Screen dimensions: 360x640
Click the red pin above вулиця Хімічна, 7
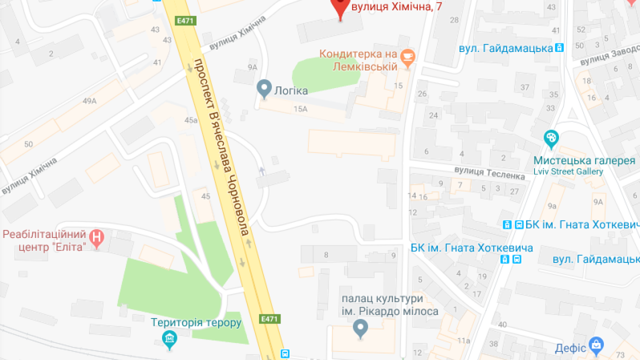[x=340, y=6]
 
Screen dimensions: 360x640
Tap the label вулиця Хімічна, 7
[x=396, y=6]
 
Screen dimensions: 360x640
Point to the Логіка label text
[x=290, y=90]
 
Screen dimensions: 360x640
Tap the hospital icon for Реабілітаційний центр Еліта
[x=96, y=237]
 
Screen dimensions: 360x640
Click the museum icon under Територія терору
[x=170, y=338]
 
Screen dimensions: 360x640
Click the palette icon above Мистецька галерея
[x=551, y=138]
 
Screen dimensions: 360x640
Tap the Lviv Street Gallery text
[x=568, y=171]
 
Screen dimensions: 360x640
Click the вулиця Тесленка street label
[x=489, y=173]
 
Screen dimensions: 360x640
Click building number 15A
[x=300, y=109]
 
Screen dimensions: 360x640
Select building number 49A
[x=89, y=101]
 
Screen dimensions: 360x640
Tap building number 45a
[x=191, y=120]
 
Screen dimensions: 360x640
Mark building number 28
[x=454, y=20]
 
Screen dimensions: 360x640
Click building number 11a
[x=463, y=341]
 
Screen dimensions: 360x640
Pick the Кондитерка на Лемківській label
[x=358, y=60]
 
